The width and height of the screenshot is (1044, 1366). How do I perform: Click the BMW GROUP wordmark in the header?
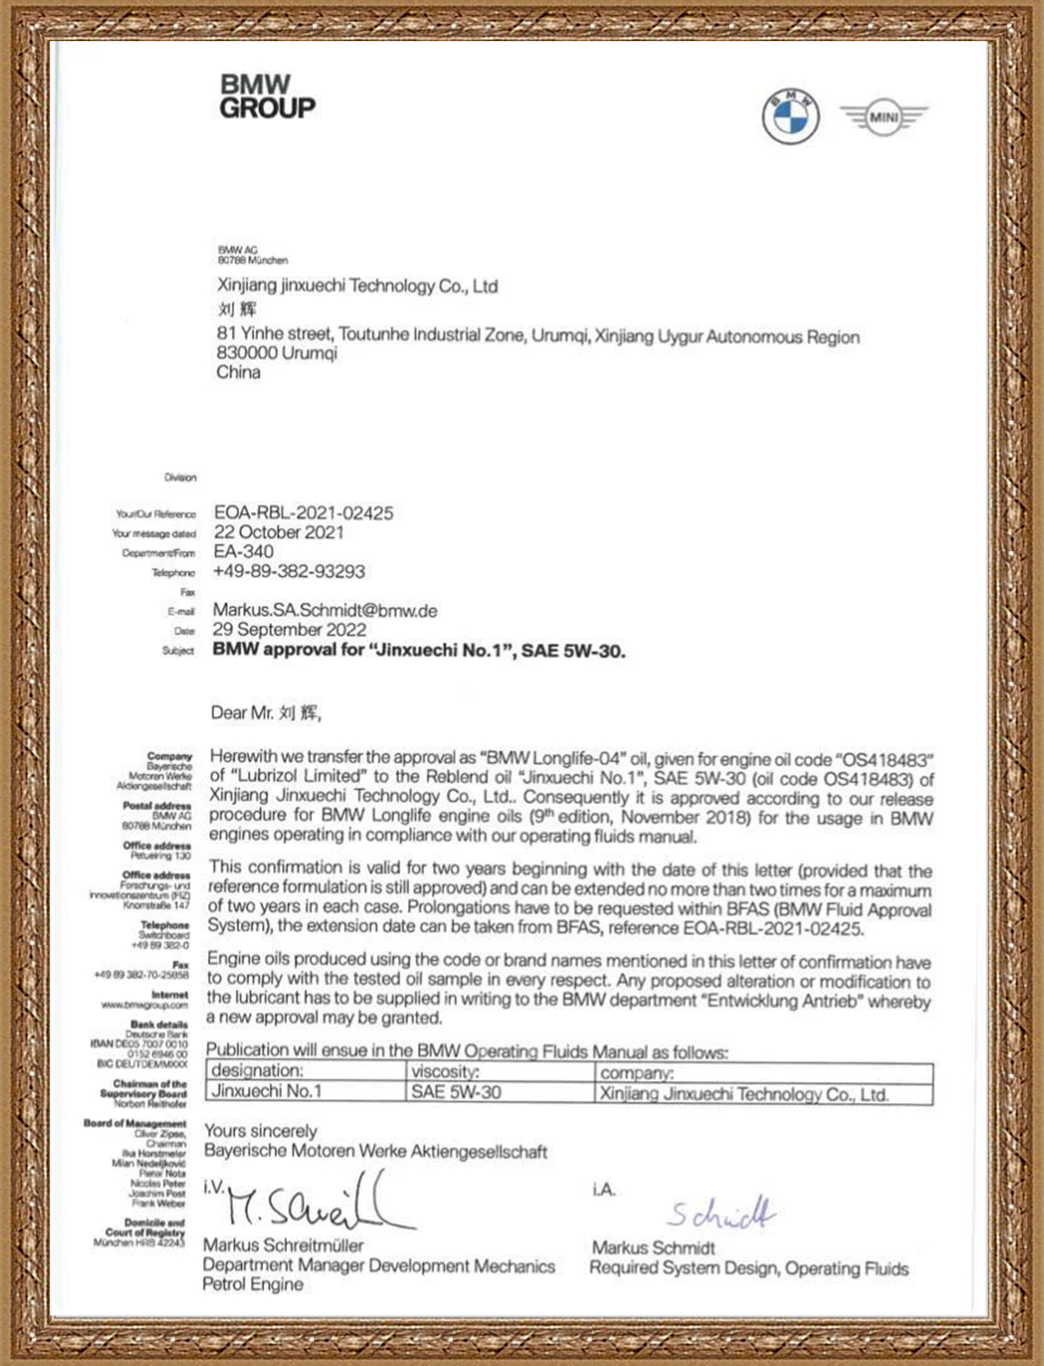tap(267, 96)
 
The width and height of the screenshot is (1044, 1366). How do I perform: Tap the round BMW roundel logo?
tap(790, 116)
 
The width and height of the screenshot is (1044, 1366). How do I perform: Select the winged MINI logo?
tap(884, 117)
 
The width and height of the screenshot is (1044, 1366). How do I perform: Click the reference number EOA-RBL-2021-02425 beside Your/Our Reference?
tap(303, 513)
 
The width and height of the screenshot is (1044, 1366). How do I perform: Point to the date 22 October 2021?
tap(279, 533)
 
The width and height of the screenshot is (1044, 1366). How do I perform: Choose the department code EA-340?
tap(243, 551)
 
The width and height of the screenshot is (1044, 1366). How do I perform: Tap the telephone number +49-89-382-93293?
tap(289, 572)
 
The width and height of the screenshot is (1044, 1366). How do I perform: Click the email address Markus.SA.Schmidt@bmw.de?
tap(325, 611)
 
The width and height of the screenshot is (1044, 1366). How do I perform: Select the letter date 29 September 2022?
tap(289, 630)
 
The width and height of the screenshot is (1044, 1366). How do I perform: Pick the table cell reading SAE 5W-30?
tap(456, 1092)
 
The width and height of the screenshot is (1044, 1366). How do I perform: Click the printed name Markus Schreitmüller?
tap(283, 1245)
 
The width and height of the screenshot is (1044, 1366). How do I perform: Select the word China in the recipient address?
tap(238, 372)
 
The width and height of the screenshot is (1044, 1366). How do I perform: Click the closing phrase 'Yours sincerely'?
tap(261, 1131)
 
